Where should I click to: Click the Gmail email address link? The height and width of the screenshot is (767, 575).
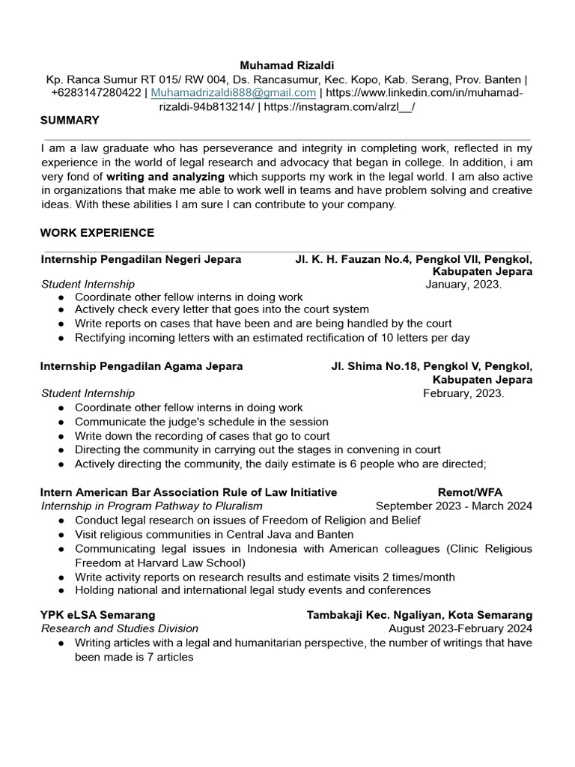point(234,92)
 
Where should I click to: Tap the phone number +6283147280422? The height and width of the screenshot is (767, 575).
point(95,92)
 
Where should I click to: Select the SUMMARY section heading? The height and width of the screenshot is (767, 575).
point(70,120)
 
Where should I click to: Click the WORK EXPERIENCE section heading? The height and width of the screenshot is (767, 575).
point(97,233)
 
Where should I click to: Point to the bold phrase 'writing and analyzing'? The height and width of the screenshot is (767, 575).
point(165,177)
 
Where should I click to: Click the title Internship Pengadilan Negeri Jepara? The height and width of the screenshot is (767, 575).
point(141,259)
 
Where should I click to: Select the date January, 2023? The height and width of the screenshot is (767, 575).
point(463,284)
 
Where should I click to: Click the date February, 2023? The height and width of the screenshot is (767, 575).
point(463,393)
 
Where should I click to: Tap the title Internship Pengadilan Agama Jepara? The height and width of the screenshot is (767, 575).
point(142,366)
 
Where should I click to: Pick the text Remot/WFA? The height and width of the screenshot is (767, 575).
point(469,492)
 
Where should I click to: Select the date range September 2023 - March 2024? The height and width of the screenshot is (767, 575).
point(454,506)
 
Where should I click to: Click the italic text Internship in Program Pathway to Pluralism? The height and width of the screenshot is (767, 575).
point(151,506)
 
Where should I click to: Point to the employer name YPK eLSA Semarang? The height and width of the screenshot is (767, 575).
point(98,615)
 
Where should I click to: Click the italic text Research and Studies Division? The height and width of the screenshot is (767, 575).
point(120,628)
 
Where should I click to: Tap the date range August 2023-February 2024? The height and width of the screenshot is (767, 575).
point(460,628)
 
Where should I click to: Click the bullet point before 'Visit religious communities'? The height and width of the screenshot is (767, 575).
point(60,535)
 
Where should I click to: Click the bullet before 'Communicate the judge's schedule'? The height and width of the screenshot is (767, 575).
point(60,422)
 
